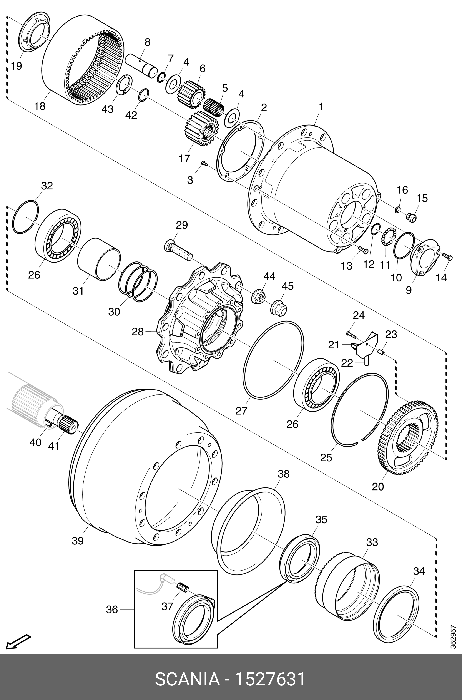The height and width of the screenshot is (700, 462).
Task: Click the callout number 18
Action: tap(40, 106)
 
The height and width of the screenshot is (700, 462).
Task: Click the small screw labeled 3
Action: tap(204, 163)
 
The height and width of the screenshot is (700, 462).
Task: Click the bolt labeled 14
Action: tap(447, 257)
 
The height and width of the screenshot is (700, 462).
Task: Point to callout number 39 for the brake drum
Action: tap(78, 541)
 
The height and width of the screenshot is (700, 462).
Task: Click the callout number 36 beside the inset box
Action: tap(112, 610)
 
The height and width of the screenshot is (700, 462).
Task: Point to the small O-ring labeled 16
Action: tap(397, 210)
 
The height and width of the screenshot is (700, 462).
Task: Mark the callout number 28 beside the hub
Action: tap(138, 332)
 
